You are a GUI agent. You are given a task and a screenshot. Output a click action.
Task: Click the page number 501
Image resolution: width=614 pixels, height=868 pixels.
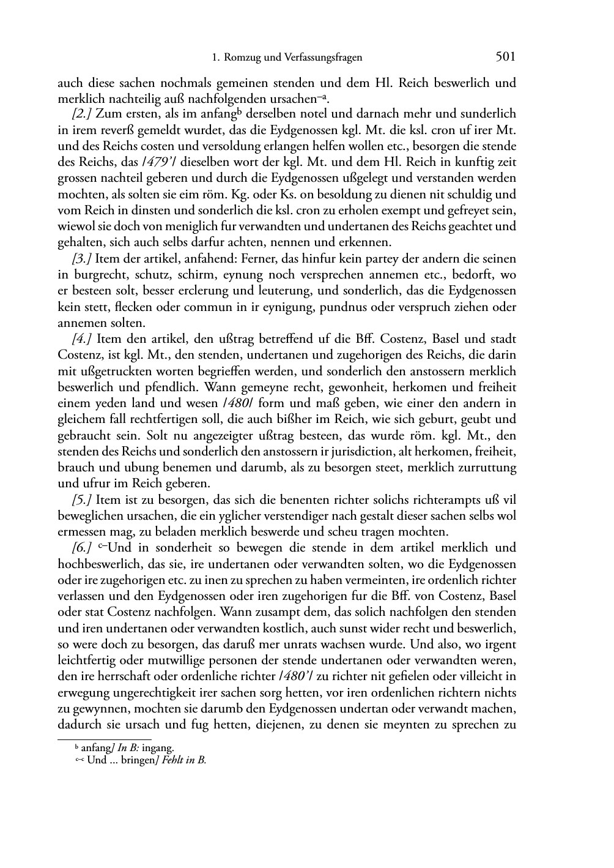coord(505,57)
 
